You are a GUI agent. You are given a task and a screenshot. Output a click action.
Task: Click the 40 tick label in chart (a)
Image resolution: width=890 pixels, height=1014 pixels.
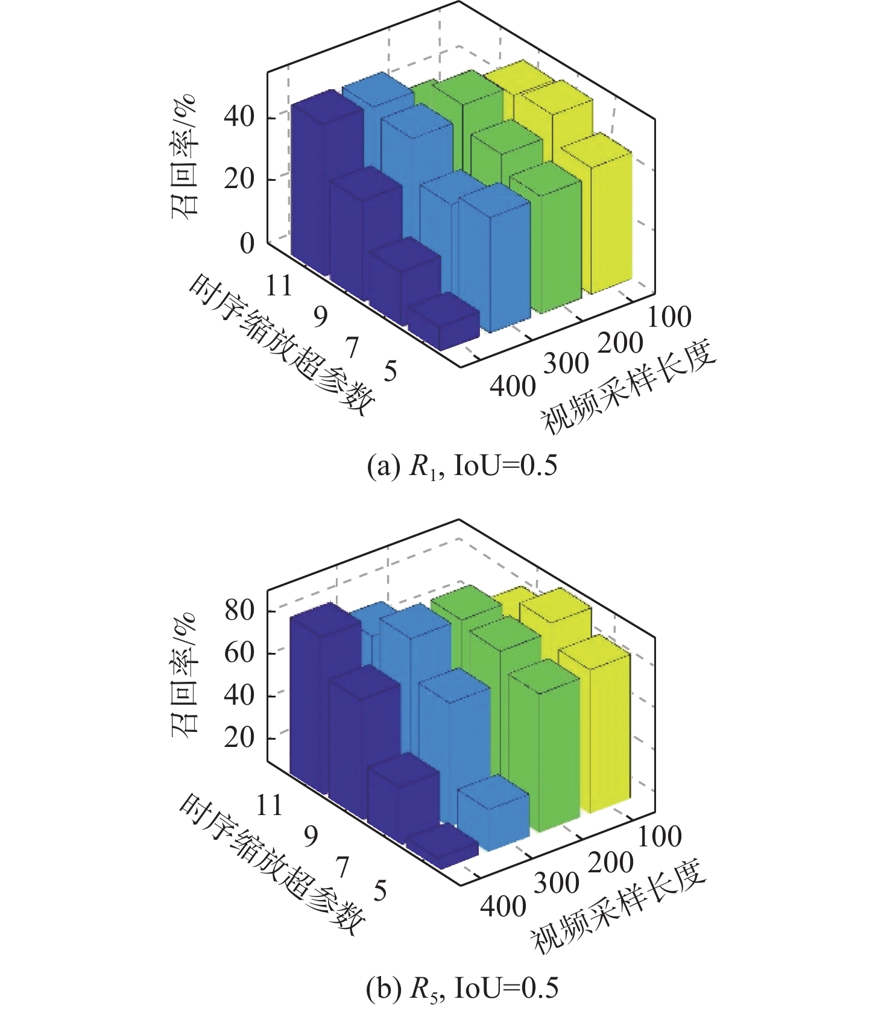coord(239,116)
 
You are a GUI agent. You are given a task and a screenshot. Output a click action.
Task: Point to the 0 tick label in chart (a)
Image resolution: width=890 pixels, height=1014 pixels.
coord(247,244)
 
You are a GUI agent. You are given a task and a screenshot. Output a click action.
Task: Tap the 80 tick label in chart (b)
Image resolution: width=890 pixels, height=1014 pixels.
coord(239,611)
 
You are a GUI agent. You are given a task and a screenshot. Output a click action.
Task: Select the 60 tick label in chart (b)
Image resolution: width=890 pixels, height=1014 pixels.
coord(239,653)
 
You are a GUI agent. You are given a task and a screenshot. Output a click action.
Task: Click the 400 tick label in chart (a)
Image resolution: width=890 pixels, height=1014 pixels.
coord(513,386)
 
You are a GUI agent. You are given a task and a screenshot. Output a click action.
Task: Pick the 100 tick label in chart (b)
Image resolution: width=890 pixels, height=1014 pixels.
coord(660,836)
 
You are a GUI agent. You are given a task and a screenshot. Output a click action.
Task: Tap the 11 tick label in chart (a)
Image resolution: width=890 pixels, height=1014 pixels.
coord(279,285)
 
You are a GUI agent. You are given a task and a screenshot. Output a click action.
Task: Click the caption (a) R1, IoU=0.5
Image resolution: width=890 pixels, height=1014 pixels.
coord(462,466)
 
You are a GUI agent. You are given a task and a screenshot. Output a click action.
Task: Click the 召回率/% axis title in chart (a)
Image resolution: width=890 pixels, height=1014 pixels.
coord(184,157)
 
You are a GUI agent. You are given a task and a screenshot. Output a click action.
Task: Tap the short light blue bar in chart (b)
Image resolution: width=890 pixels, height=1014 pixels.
coord(493,814)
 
